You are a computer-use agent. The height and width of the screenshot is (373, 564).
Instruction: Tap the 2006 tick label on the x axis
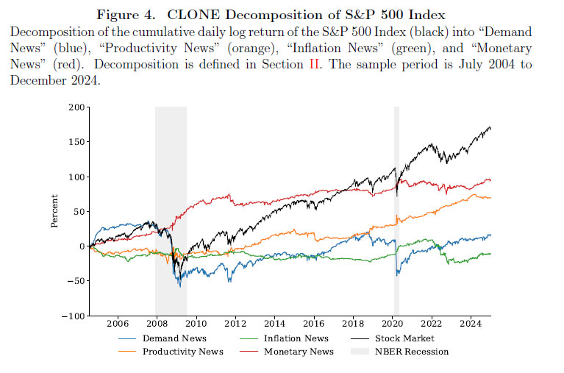tap(118, 324)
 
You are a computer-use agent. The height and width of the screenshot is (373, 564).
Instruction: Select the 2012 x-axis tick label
tap(235, 324)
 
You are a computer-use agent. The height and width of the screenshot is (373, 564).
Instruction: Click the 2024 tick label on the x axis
tap(471, 324)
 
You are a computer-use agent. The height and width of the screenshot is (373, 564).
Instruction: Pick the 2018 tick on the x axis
tap(353, 324)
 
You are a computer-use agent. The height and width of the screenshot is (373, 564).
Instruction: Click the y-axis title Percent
tap(55, 211)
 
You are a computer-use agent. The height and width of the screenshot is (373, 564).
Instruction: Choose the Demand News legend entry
tap(174, 338)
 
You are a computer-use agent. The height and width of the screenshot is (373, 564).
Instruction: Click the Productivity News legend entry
tap(183, 352)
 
